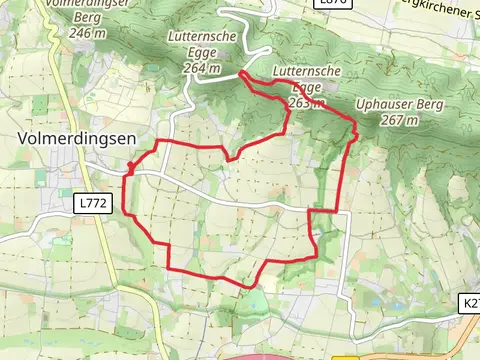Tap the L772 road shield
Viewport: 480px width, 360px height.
(x=92, y=203)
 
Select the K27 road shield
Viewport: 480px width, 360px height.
(x=471, y=303)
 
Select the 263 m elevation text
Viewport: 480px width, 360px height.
(x=306, y=102)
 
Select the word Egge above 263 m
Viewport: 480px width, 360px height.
(x=301, y=89)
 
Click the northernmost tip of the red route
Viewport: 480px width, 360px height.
(x=243, y=72)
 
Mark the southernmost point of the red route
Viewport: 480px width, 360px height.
(x=246, y=286)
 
